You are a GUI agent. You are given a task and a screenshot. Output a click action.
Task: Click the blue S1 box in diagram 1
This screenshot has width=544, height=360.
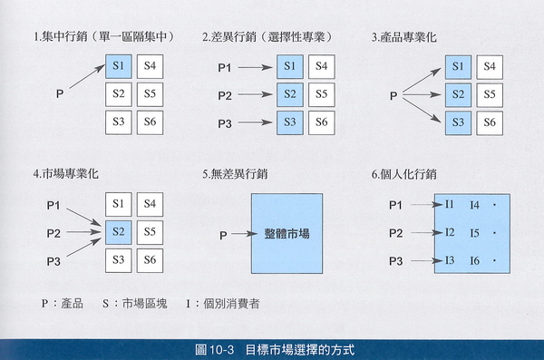pyautogui.click(x=118, y=66)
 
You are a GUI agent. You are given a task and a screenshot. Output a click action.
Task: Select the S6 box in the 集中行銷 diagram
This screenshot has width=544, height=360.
pyautogui.click(x=150, y=122)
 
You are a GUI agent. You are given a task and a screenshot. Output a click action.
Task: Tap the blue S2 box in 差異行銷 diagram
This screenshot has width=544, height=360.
pyautogui.click(x=288, y=94)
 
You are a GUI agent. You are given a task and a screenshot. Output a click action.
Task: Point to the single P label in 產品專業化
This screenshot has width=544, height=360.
pyautogui.click(x=393, y=94)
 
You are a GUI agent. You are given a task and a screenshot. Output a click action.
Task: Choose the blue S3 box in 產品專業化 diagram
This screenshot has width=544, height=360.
pyautogui.click(x=458, y=122)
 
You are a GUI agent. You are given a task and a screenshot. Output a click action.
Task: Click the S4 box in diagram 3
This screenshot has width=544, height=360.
pyautogui.click(x=490, y=66)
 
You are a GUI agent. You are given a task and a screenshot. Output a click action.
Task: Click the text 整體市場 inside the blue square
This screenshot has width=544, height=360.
pyautogui.click(x=293, y=234)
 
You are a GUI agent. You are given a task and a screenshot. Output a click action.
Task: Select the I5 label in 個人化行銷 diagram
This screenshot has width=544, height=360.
pyautogui.click(x=474, y=234)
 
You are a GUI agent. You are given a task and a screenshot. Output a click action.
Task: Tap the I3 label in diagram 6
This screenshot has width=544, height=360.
pyautogui.click(x=451, y=262)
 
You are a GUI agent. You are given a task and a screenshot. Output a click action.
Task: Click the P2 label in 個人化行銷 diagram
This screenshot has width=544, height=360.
pyautogui.click(x=395, y=234)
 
